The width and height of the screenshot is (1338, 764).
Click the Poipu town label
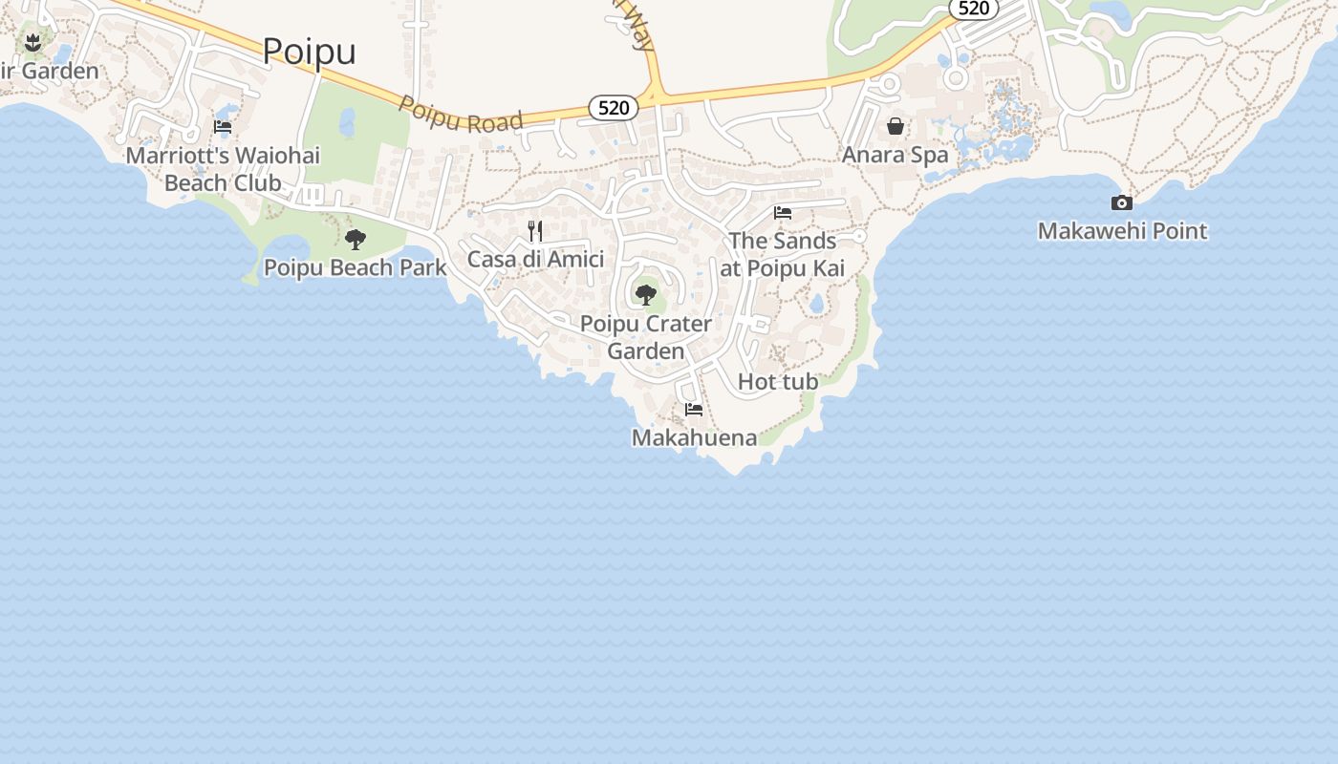pyautogui.click(x=309, y=51)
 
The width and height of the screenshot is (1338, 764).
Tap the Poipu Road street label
pyautogui.click(x=461, y=114)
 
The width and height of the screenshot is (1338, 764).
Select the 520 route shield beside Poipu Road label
pyautogui.click(x=613, y=108)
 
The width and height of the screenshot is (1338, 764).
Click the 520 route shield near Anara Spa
pyautogui.click(x=973, y=9)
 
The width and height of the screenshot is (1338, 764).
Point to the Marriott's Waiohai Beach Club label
pyautogui.click(x=223, y=168)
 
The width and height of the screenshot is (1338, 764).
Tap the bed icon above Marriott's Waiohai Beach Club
pyautogui.click(x=223, y=126)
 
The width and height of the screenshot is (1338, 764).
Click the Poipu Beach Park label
pyautogui.click(x=355, y=267)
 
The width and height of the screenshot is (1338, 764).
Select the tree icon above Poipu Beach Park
pyautogui.click(x=356, y=240)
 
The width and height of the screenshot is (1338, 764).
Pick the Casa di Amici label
pyautogui.click(x=535, y=259)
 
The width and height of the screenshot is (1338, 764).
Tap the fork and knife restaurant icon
pyautogui.click(x=535, y=231)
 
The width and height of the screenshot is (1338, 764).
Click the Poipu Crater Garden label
pyautogui.click(x=646, y=337)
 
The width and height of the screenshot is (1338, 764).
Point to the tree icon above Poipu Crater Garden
pyautogui.click(x=646, y=295)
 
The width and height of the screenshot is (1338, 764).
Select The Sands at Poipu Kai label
pyautogui.click(x=783, y=254)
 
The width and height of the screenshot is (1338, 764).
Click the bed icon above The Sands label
pyautogui.click(x=783, y=213)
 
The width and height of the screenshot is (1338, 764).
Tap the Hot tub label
pyautogui.click(x=778, y=382)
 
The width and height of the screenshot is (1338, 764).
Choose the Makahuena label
pyautogui.click(x=694, y=437)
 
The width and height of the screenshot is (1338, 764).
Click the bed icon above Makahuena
pyautogui.click(x=694, y=410)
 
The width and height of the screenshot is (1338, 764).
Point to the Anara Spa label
pyautogui.click(x=895, y=155)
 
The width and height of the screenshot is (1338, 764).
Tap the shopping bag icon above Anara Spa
pyautogui.click(x=896, y=126)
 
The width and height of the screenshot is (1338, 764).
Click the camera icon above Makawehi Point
pyautogui.click(x=1122, y=202)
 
